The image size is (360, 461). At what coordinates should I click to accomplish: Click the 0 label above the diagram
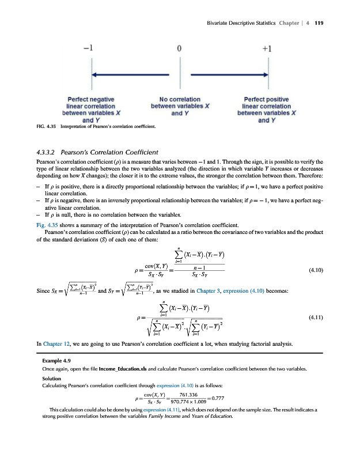180,49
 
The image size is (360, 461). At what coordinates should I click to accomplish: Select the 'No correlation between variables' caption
180,106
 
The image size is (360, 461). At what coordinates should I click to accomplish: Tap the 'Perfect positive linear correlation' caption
266,110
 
